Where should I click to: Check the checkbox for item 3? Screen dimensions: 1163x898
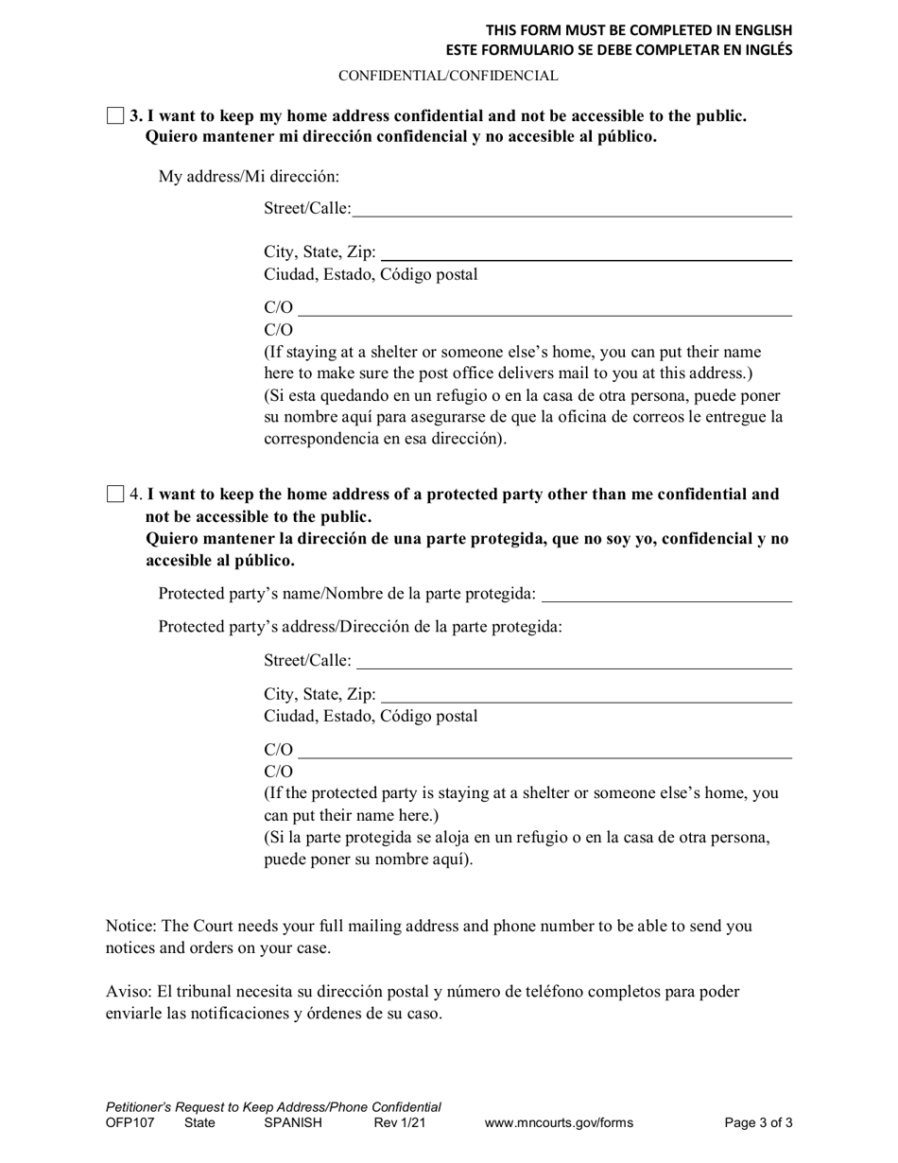(115, 116)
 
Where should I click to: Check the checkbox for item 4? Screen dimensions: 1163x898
(115, 494)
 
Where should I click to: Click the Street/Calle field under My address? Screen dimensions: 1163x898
(572, 209)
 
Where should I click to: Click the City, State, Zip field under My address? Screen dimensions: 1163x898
(586, 252)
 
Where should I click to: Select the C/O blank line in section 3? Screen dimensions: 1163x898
(545, 308)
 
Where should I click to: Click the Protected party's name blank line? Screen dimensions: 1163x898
(667, 594)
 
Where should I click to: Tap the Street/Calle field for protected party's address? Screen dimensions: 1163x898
(574, 660)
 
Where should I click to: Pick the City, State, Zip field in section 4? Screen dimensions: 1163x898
(586, 695)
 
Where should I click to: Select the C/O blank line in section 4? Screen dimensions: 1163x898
(545, 751)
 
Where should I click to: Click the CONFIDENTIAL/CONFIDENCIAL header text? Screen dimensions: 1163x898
(448, 76)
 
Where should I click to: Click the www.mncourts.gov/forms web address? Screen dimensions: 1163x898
(559, 1123)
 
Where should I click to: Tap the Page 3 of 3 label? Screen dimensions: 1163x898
(758, 1123)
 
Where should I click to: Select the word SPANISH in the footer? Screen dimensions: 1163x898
(293, 1123)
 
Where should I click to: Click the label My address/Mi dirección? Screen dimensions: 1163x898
(249, 176)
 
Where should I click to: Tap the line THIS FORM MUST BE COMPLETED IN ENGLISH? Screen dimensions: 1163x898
(639, 30)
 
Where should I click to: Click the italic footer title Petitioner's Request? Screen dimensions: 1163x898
(273, 1106)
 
